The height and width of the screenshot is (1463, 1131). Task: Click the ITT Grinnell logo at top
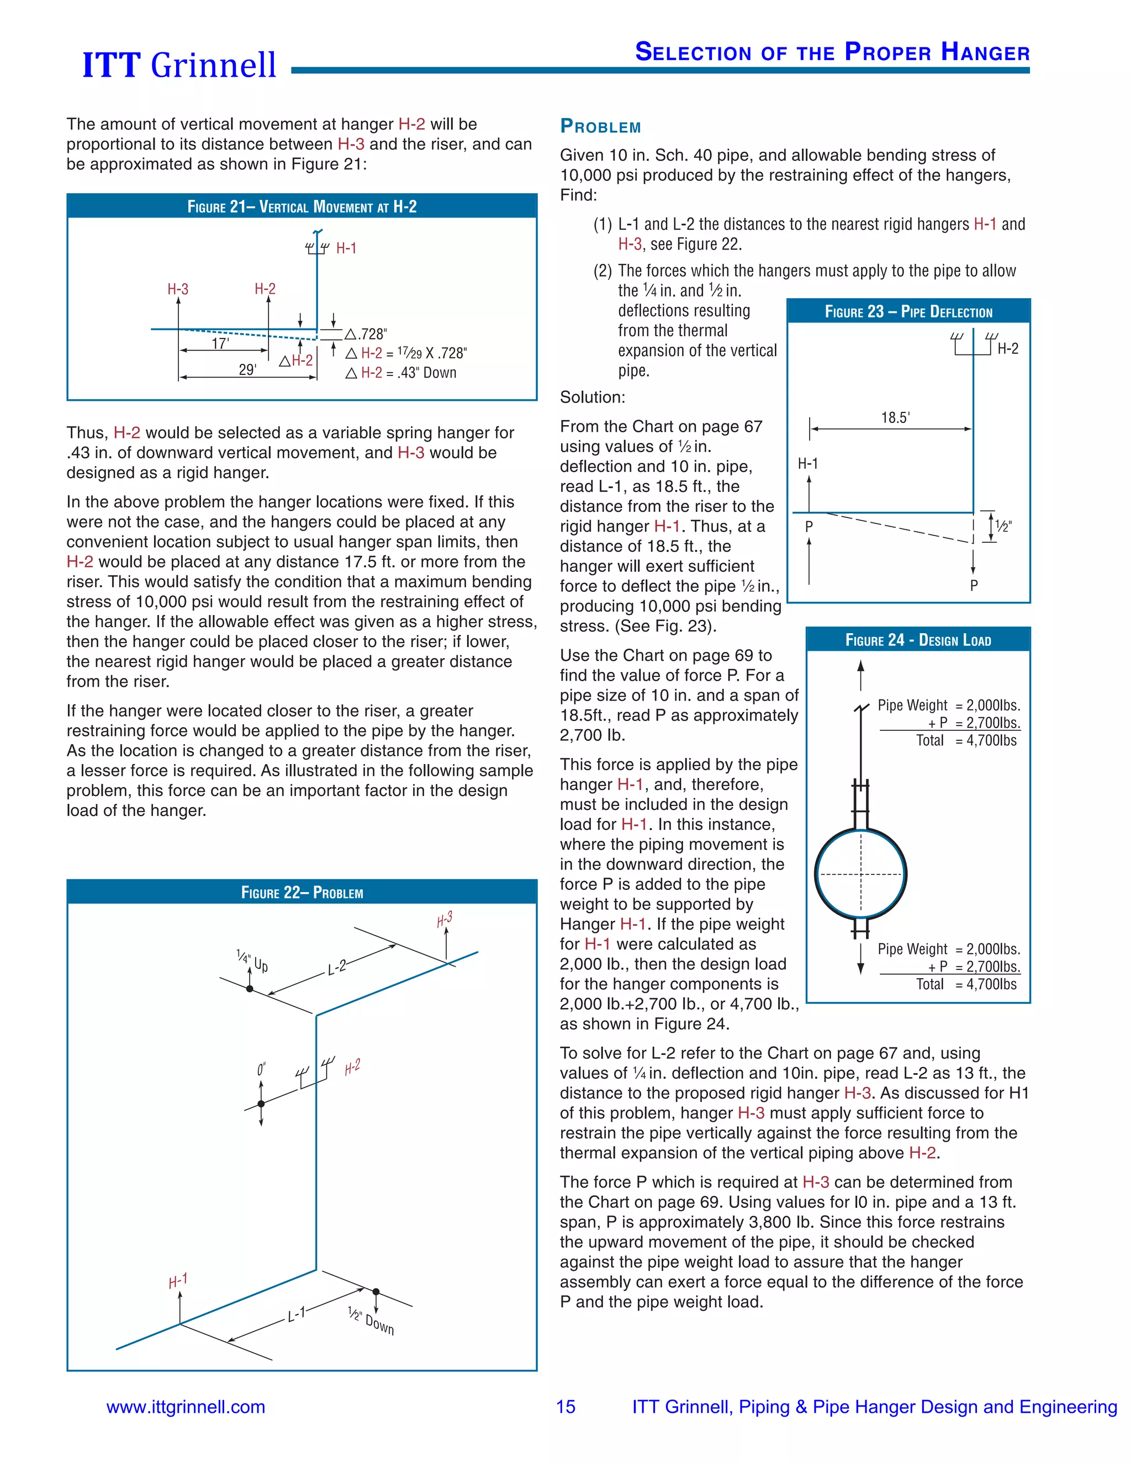179,65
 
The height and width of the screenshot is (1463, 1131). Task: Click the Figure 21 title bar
302,206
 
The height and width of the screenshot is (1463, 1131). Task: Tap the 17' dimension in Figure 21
220,343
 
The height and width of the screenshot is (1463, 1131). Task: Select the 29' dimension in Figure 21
247,370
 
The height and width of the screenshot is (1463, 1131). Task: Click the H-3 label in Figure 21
178,289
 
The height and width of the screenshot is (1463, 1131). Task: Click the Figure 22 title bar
302,892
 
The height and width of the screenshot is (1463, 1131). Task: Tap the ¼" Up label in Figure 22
252,961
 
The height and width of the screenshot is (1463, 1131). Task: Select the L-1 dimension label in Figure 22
296,1314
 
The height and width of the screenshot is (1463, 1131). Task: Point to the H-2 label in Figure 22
352,1067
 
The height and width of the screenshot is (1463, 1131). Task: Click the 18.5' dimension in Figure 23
895,418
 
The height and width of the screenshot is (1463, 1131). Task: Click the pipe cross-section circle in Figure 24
861,874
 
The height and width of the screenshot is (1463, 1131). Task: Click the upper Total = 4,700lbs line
966,740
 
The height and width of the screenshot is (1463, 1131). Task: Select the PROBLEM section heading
600,126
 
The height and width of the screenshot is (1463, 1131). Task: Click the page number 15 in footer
565,1407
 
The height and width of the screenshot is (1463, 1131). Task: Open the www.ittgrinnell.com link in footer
186,1407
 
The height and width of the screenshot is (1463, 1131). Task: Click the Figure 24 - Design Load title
918,640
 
